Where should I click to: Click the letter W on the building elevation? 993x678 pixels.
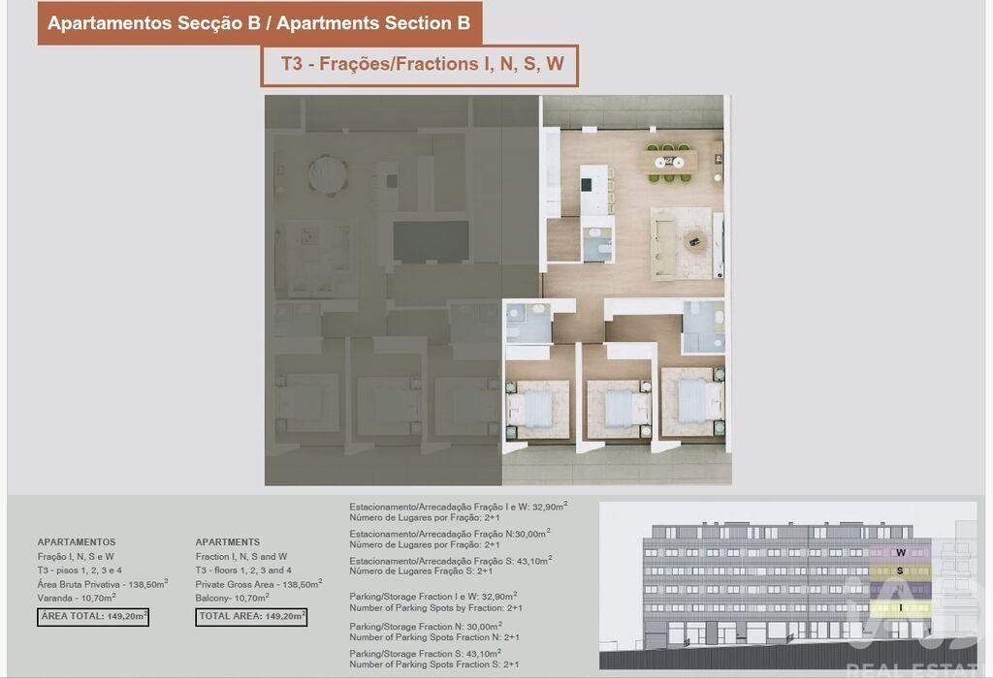901,553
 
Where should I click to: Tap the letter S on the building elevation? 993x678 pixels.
900,571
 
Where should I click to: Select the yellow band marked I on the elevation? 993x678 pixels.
900,608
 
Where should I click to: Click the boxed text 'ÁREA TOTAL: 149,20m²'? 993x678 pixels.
93,617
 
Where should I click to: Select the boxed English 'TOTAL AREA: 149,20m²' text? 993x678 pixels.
251,617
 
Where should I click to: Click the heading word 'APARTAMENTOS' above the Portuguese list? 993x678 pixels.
77,542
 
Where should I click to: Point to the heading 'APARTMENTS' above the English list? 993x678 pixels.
227,542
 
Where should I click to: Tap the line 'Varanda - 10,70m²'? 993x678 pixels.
77,598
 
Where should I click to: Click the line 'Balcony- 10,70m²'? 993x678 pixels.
233,598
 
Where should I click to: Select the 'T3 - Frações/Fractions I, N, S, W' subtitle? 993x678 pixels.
423,64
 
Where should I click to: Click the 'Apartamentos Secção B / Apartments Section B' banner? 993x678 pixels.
259,23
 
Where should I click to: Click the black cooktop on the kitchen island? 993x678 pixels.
587,185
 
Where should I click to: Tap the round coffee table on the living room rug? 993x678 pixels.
696,241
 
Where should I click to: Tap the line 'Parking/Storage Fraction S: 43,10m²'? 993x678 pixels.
426,654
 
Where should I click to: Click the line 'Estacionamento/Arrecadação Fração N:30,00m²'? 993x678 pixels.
450,534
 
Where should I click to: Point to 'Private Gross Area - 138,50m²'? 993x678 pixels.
259,584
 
